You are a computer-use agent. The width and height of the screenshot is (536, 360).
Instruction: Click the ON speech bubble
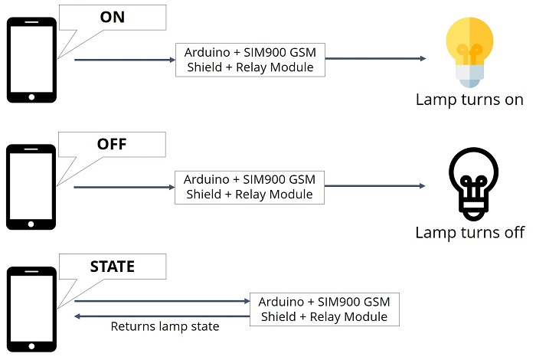click(113, 18)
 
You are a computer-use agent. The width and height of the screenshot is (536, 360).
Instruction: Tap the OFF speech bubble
click(113, 144)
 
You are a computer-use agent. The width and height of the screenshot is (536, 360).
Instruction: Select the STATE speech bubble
click(113, 267)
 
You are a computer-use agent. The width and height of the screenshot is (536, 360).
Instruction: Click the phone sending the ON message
click(31, 61)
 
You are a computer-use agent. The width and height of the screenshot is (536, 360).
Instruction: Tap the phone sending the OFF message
click(31, 187)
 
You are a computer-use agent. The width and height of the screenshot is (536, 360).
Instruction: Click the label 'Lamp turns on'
click(469, 100)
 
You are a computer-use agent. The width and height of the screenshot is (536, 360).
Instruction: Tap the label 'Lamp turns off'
click(469, 232)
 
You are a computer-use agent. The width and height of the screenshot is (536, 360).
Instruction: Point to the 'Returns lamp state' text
click(165, 326)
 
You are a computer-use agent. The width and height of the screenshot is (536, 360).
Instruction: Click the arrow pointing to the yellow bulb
click(375, 59)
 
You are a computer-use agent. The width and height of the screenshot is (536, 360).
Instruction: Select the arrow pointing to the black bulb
click(375, 186)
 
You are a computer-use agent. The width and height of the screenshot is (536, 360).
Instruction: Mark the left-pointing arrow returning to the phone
click(161, 315)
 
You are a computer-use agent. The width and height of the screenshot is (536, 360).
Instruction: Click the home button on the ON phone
click(31, 97)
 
